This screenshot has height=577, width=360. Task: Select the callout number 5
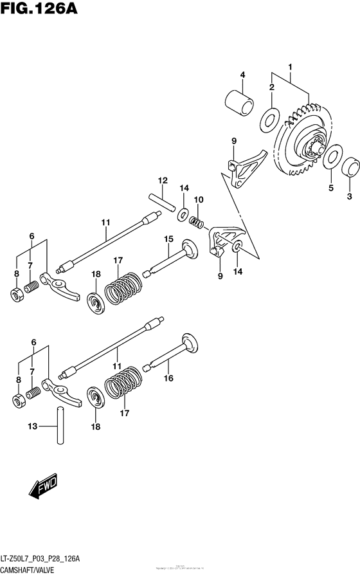(331, 188)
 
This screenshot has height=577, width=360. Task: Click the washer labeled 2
(271, 118)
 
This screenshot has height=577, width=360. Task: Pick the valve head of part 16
(190, 343)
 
